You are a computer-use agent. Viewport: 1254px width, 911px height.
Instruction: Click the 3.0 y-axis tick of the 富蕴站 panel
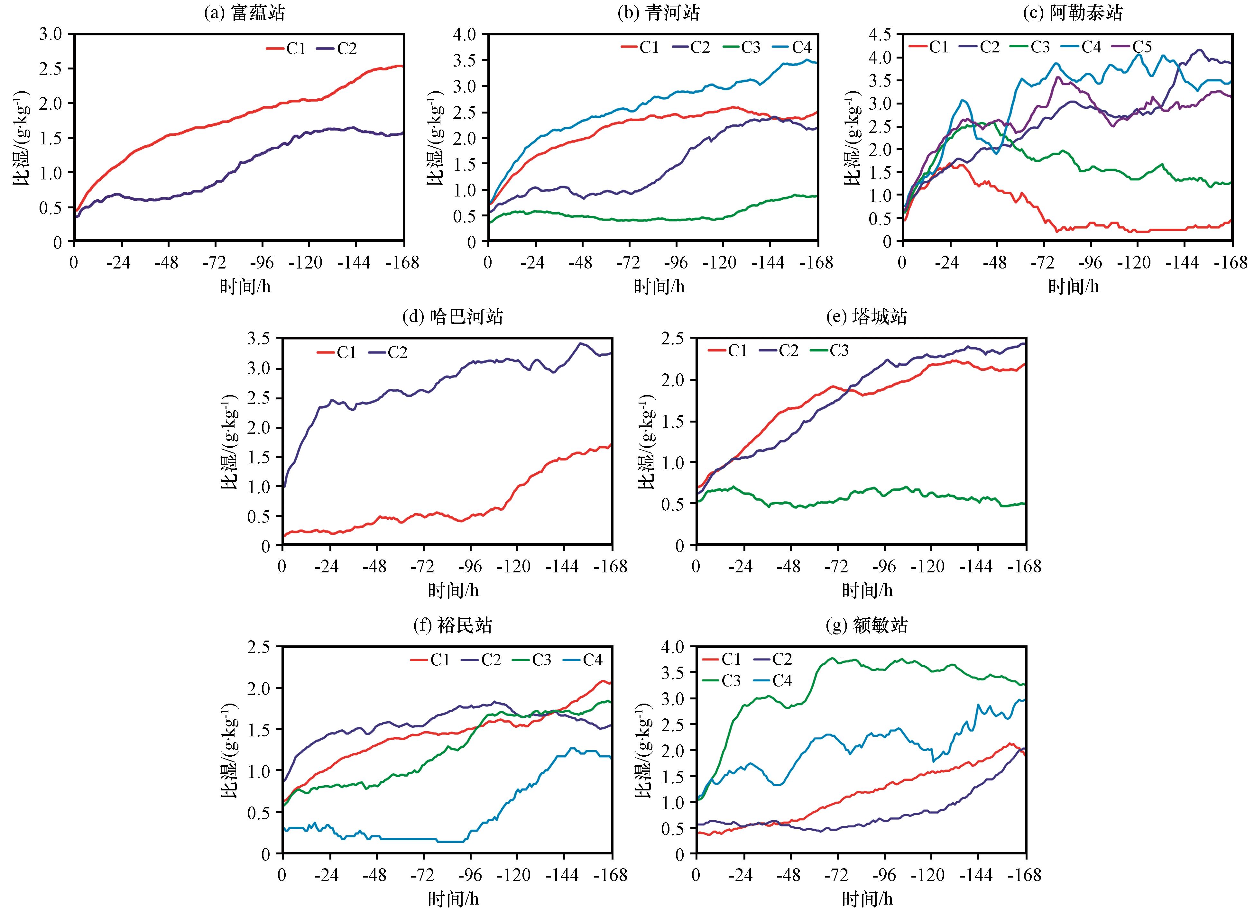click(x=52, y=34)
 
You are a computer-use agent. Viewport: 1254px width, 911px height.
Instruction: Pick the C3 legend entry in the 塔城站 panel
click(x=829, y=351)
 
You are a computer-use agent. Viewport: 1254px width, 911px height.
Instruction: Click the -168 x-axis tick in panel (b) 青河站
click(x=817, y=263)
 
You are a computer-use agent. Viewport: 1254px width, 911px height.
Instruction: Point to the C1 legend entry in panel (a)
click(x=286, y=49)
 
